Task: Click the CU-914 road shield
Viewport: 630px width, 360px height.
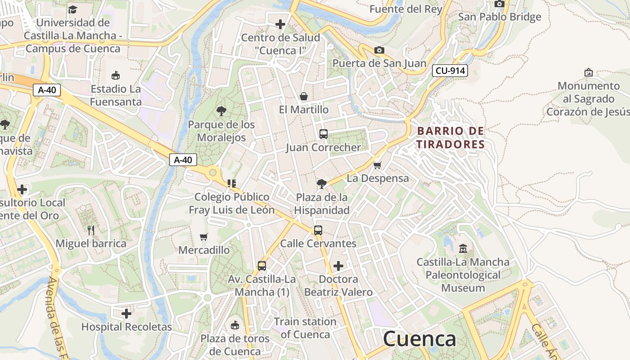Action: coord(450,71)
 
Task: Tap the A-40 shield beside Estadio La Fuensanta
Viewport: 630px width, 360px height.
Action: coord(47,90)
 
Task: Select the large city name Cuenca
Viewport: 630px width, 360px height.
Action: coord(419,339)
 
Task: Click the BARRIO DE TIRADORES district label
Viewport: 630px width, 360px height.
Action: coord(450,138)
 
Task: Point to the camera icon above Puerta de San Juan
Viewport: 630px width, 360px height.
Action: coord(379,50)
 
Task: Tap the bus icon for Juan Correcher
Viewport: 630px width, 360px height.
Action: coord(324,134)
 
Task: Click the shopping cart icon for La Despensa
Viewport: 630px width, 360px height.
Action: coord(378,165)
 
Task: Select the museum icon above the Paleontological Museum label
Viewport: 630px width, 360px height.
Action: coord(463,248)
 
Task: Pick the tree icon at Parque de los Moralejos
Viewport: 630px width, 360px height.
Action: coord(221,111)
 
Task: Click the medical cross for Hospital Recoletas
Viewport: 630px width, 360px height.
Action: coord(126,313)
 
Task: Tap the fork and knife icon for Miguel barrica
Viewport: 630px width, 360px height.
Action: coord(91,230)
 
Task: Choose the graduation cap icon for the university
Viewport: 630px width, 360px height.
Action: coord(72,9)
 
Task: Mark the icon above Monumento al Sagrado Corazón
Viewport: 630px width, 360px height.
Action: coord(588,72)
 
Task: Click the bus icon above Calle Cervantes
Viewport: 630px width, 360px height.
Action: coord(318,230)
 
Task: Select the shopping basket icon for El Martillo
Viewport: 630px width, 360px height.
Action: coord(304,96)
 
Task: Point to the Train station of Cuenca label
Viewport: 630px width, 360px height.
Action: coord(305,328)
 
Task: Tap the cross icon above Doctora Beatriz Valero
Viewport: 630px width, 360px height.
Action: coord(338,266)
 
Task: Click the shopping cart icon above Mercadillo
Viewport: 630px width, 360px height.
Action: coord(204,237)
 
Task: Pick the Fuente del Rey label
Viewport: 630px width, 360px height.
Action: coord(405,9)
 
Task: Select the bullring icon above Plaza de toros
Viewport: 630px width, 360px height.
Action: coord(234,325)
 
